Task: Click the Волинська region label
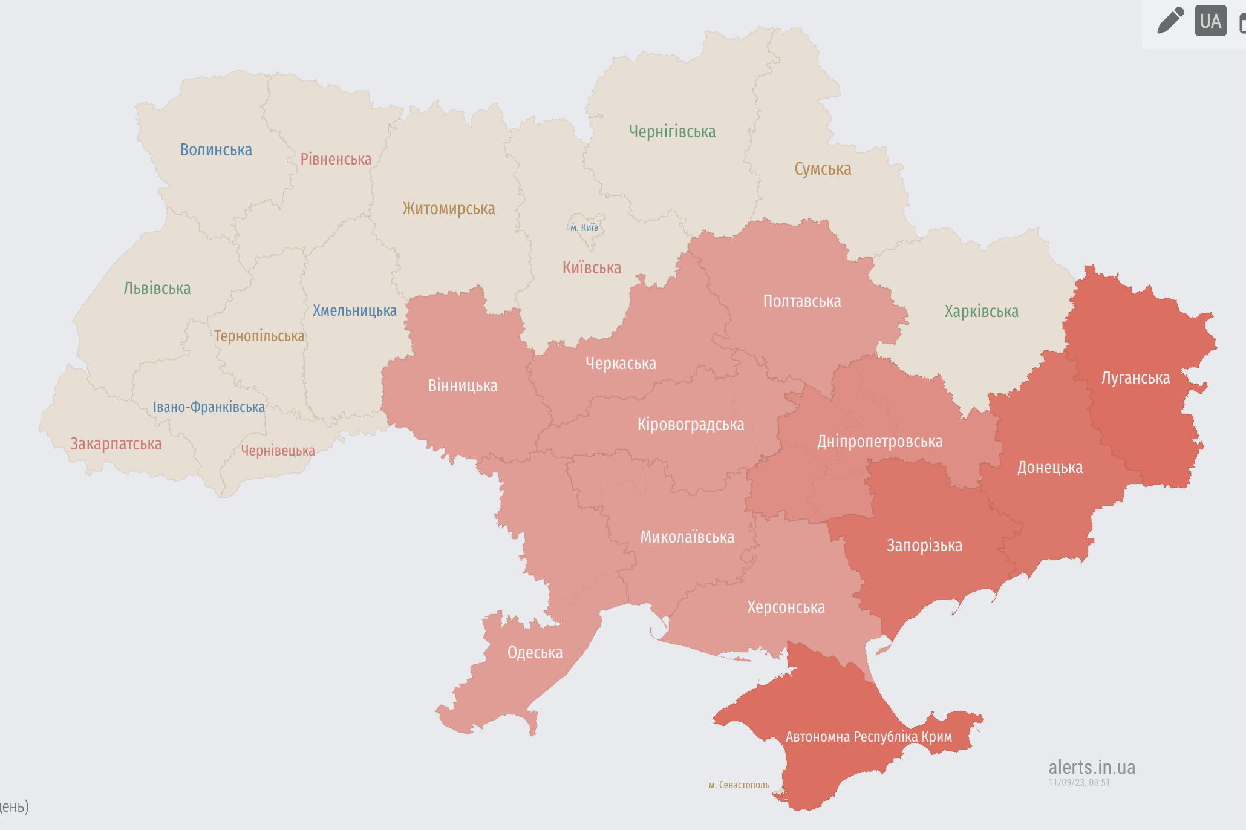pyautogui.click(x=216, y=150)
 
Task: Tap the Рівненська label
pyautogui.click(x=336, y=159)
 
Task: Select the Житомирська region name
pyautogui.click(x=449, y=209)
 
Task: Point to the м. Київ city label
pyautogui.click(x=584, y=228)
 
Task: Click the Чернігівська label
pyautogui.click(x=672, y=132)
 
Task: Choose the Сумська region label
pyautogui.click(x=823, y=169)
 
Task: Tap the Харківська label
pyautogui.click(x=981, y=312)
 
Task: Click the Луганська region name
pyautogui.click(x=1135, y=378)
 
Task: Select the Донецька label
pyautogui.click(x=1049, y=468)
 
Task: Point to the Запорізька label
pyautogui.click(x=924, y=546)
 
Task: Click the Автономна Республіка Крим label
pyautogui.click(x=869, y=737)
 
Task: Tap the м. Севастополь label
pyautogui.click(x=739, y=785)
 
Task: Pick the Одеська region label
pyautogui.click(x=535, y=653)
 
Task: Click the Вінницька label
pyautogui.click(x=463, y=386)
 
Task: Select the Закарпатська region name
pyautogui.click(x=116, y=444)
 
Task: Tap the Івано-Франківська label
pyautogui.click(x=209, y=407)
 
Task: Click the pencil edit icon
pyautogui.click(x=1170, y=21)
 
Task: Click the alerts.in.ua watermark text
pyautogui.click(x=1092, y=767)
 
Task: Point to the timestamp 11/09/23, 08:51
pyautogui.click(x=1079, y=783)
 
